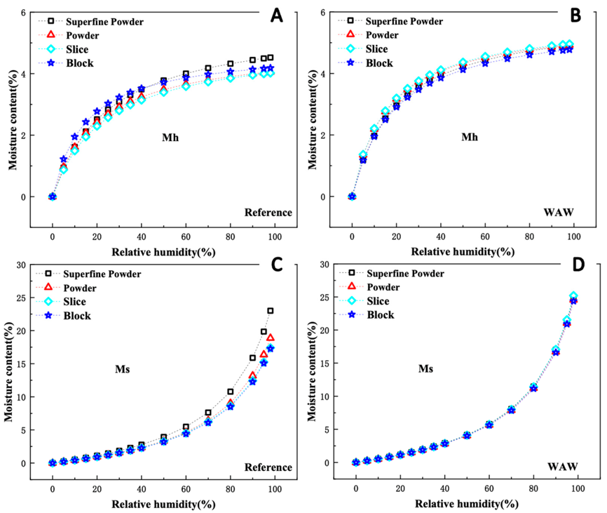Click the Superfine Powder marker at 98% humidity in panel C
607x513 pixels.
(x=271, y=310)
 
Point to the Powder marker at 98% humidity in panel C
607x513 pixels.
(x=271, y=338)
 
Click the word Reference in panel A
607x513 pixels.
(x=268, y=213)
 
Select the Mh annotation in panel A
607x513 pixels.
(x=168, y=138)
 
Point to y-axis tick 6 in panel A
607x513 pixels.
(x=23, y=13)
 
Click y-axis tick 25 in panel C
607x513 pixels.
(x=21, y=298)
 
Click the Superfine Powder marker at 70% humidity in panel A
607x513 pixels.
(x=208, y=68)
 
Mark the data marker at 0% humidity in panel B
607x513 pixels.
(x=352, y=196)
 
